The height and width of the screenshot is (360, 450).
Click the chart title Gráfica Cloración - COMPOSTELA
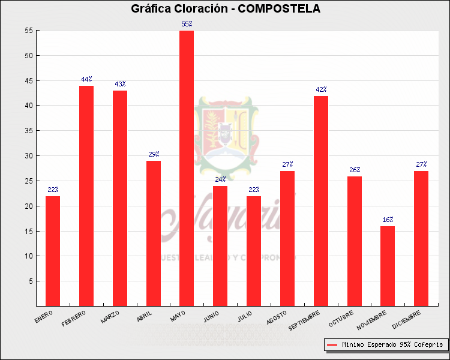click(226, 8)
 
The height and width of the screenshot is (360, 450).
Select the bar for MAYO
click(187, 168)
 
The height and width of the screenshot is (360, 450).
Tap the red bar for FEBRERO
click(86, 196)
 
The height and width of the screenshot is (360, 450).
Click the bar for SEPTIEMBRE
click(320, 200)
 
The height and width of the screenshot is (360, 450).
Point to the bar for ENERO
click(53, 251)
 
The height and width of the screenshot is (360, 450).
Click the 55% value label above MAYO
click(187, 24)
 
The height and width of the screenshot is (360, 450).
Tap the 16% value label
click(388, 220)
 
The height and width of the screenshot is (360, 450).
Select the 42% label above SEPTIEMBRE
click(320, 89)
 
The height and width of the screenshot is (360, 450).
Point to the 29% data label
click(154, 154)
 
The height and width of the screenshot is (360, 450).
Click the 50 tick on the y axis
click(29, 56)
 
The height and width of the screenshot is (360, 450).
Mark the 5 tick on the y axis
click(31, 281)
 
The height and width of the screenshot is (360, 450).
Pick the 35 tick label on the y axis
click(29, 131)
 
